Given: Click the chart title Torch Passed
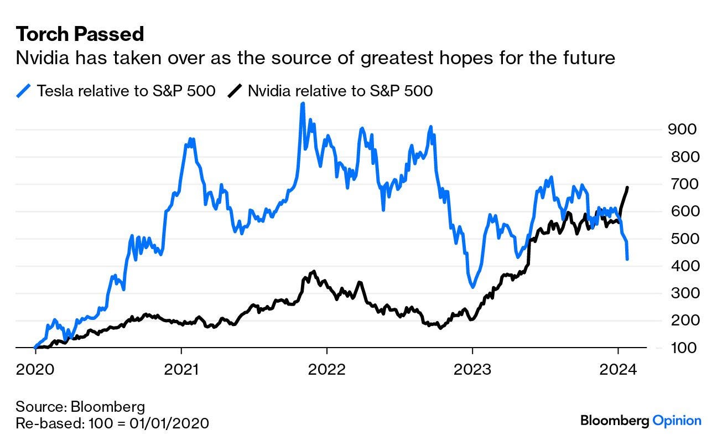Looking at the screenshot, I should (80, 34).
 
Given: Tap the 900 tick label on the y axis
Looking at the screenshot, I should (684, 130).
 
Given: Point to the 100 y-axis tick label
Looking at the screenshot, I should (684, 348).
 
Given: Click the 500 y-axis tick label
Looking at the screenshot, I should (684, 239).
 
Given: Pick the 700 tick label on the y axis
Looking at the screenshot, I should (684, 184).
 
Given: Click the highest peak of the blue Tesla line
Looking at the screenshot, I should (302, 104).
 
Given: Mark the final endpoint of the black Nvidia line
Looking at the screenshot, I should (628, 188).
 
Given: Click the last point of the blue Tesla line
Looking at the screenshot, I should (627, 258).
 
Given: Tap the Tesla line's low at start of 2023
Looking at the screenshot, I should (472, 287).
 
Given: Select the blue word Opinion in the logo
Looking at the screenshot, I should (677, 421).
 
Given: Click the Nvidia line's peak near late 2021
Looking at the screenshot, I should (314, 272).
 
